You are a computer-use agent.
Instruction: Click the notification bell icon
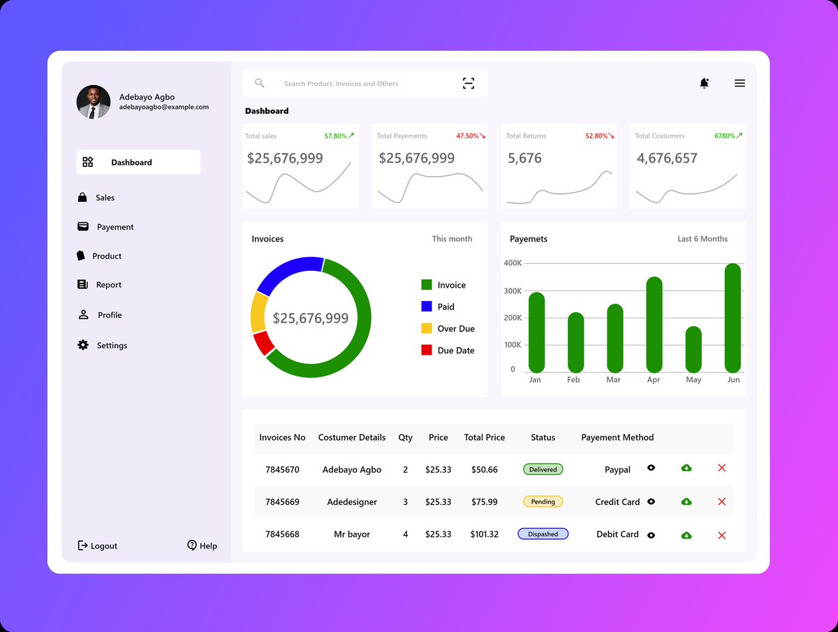coord(704,83)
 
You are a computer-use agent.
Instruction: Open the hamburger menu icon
coord(740,83)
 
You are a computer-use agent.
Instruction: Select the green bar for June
coord(733,318)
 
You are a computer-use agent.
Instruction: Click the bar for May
coord(693,349)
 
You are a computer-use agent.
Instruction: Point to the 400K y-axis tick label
coord(513,263)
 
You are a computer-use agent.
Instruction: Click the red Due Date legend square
coord(427,350)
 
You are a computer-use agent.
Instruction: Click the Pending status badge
coord(543,501)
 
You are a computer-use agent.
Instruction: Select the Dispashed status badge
coord(543,534)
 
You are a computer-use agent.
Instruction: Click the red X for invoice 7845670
coord(722,468)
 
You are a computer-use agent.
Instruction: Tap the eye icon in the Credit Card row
coord(651,501)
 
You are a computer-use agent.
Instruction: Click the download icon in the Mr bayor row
coord(686,535)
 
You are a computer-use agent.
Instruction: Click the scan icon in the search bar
coord(469,83)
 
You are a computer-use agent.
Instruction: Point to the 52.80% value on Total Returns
coord(596,136)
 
